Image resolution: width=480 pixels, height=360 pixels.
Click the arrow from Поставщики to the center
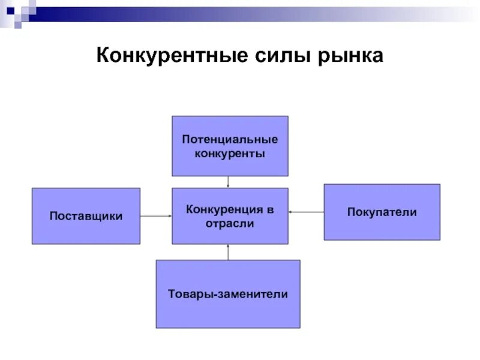pyautogui.click(x=156, y=216)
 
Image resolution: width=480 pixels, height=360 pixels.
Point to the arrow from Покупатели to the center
pyautogui.click(x=306, y=212)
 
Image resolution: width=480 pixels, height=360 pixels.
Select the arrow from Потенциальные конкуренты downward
pyautogui.click(x=229, y=182)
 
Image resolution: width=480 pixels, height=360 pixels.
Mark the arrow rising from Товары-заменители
pyautogui.click(x=229, y=252)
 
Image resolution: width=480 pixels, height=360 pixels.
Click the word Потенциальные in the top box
pyautogui.click(x=230, y=139)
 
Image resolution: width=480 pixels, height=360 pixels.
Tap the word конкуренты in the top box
pyautogui.click(x=230, y=153)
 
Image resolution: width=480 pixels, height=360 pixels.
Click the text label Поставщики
pyautogui.click(x=86, y=216)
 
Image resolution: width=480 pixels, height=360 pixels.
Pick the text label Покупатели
pyautogui.click(x=382, y=212)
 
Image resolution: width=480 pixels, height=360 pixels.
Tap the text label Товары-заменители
pyautogui.click(x=228, y=294)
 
